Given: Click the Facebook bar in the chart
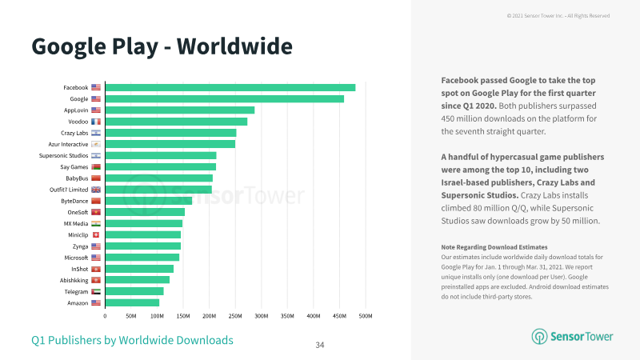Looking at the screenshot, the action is click(x=230, y=87).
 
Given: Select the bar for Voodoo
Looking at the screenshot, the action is click(x=176, y=122).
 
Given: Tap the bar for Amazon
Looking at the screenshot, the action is click(x=132, y=303).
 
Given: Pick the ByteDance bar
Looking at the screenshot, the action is click(x=149, y=201).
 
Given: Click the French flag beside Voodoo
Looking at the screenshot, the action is click(x=96, y=122).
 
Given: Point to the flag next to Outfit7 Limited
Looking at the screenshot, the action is click(x=96, y=190).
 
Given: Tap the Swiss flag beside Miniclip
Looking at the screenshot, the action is click(x=96, y=235).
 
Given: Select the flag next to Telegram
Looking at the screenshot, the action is click(x=96, y=292).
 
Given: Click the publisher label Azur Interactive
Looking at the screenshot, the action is click(x=68, y=145).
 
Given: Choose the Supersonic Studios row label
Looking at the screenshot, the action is click(x=63, y=155).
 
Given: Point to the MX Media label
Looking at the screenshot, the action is click(x=76, y=224).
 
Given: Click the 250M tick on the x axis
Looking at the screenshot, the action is click(x=235, y=316).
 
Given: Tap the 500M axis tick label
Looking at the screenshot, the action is click(x=366, y=316).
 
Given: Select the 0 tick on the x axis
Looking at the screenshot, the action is click(x=105, y=316).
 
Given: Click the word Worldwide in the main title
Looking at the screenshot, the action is click(x=234, y=46).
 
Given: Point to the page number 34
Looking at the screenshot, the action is click(x=320, y=346).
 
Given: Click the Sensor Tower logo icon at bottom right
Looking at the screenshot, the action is click(x=539, y=337).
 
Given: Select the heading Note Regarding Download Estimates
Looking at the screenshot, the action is click(x=494, y=247).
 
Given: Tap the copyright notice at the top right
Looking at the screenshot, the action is click(x=558, y=16).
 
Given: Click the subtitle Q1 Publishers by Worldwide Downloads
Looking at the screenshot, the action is click(x=132, y=341).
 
